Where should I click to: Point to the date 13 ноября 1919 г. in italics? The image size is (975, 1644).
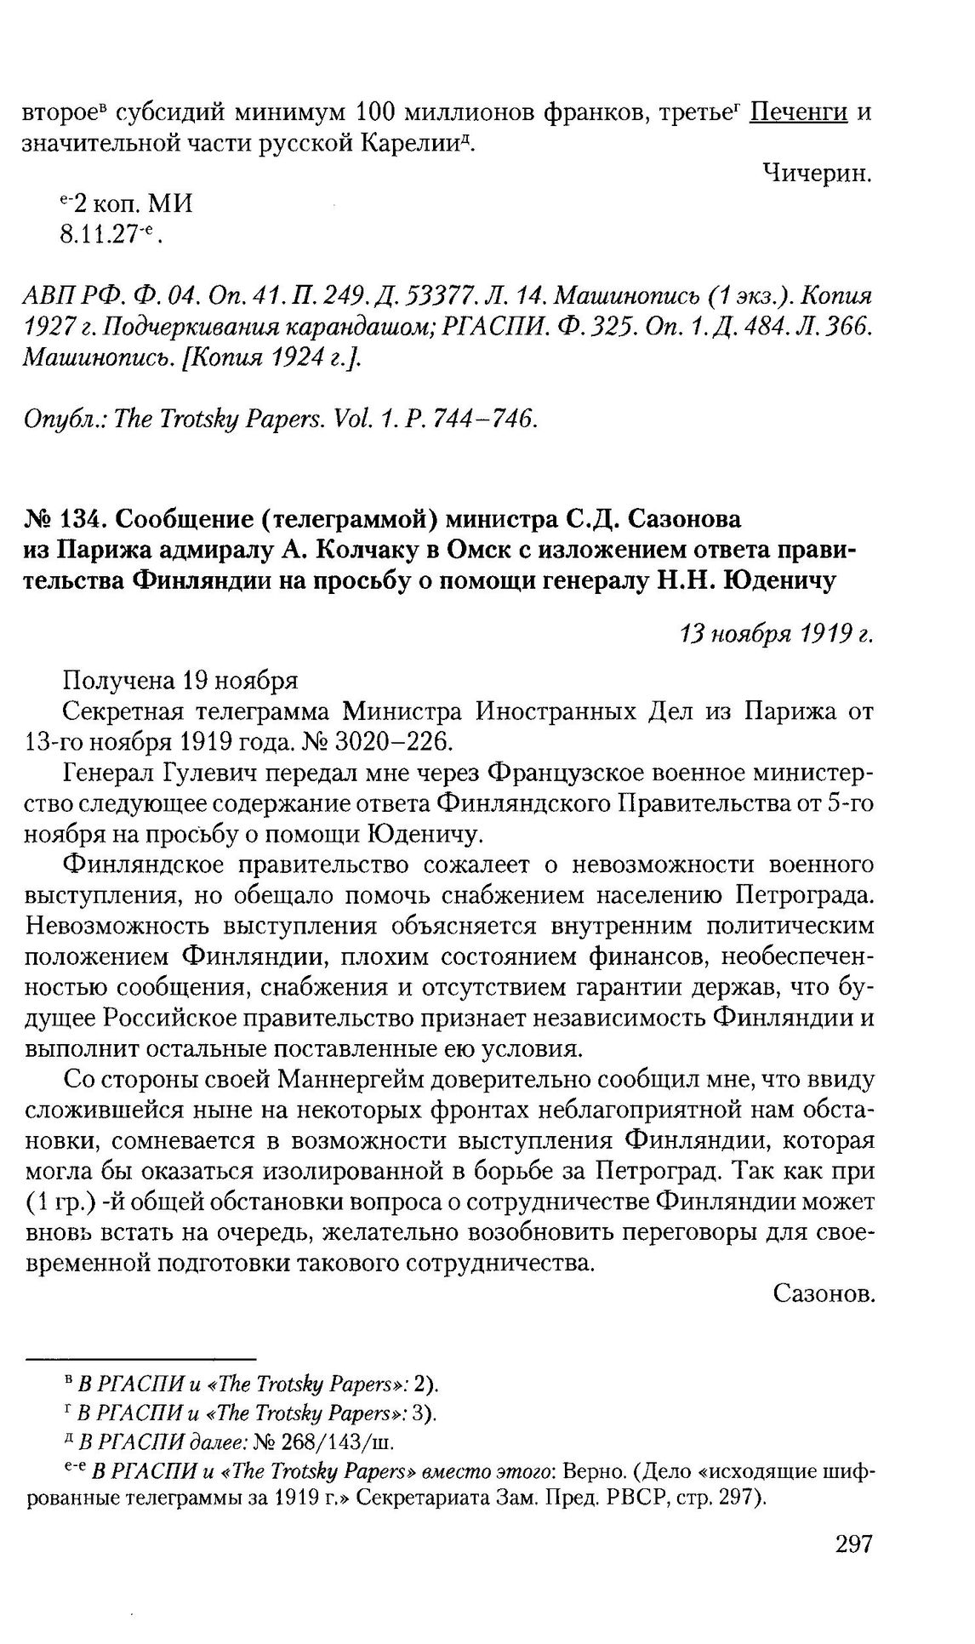tap(775, 635)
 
